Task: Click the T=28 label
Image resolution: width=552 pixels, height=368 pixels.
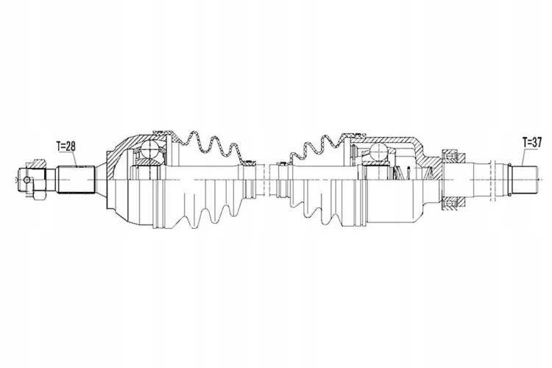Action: [x=66, y=146]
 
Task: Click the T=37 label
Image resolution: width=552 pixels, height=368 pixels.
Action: [x=532, y=143]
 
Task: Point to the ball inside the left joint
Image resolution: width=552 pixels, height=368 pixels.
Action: [x=150, y=149]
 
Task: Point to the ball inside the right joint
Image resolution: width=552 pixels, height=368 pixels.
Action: [x=379, y=152]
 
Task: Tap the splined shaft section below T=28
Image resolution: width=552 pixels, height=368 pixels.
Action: [x=77, y=180]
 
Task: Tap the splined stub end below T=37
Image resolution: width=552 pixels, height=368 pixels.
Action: [x=524, y=180]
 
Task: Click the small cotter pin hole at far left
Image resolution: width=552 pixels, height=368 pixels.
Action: [x=27, y=180]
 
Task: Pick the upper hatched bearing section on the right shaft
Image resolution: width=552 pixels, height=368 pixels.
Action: [x=453, y=155]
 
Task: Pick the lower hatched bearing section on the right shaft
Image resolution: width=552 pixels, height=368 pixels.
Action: [x=453, y=205]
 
